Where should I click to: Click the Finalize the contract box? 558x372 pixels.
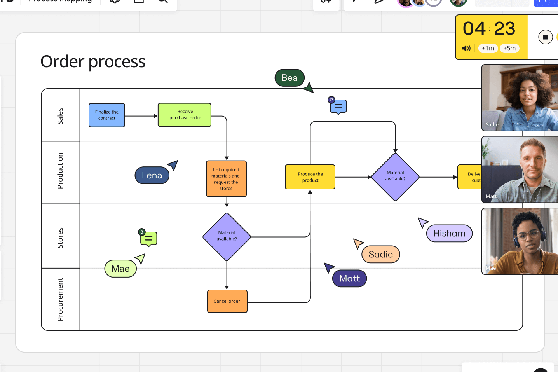(107, 115)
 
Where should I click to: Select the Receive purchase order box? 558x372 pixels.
(185, 115)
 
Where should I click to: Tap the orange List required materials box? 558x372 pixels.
(226, 179)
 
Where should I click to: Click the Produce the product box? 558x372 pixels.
(310, 177)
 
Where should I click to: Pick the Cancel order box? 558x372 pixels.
(227, 301)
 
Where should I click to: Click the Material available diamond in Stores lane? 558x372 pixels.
(227, 237)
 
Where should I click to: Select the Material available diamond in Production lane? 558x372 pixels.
(395, 177)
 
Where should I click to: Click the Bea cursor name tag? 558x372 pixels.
(289, 78)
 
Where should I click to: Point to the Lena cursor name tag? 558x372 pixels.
(152, 175)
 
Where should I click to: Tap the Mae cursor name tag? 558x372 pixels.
(120, 269)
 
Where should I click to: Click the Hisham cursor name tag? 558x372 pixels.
(449, 233)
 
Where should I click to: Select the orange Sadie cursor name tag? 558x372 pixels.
(380, 254)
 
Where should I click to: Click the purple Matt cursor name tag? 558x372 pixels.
(349, 278)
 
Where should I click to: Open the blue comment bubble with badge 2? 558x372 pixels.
(338, 107)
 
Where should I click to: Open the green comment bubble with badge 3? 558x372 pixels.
(149, 239)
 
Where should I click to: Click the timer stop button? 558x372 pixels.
(545, 37)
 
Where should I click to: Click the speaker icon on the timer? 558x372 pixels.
(466, 48)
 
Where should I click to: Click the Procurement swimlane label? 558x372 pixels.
(60, 299)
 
